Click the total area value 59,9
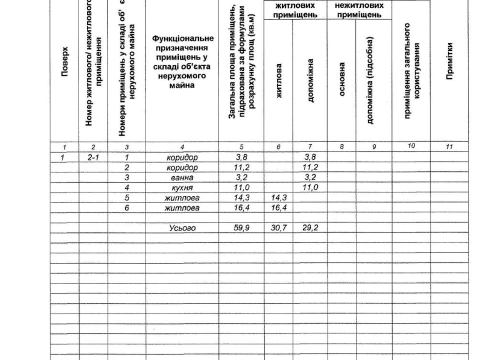click(x=242, y=228)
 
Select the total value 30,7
click(x=278, y=228)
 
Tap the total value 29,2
click(x=310, y=228)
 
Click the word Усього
click(x=182, y=228)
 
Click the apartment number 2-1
click(x=93, y=157)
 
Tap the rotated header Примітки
click(x=450, y=61)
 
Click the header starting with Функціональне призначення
click(x=182, y=62)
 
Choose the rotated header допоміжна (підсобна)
click(x=370, y=80)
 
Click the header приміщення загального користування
click(x=411, y=70)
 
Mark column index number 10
click(x=411, y=146)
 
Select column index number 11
click(x=449, y=146)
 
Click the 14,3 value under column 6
click(x=278, y=198)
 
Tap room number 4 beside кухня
click(x=127, y=187)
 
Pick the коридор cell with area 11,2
click(x=182, y=167)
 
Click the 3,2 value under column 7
click(x=310, y=177)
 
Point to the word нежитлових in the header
click(x=359, y=5)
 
